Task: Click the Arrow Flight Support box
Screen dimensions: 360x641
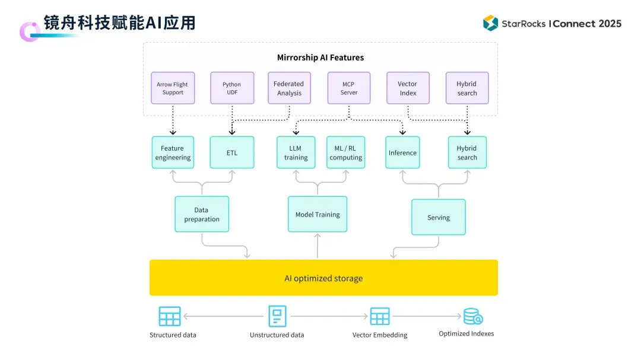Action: coord(173,88)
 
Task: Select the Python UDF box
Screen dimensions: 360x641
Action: coord(232,88)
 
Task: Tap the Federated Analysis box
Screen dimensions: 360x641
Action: coord(289,88)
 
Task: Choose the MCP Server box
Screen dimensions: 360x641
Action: coord(349,88)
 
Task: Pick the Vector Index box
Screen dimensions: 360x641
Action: coord(408,88)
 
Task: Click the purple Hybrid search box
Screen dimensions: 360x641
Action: coord(467,88)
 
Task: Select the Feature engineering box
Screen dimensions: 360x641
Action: coord(173,152)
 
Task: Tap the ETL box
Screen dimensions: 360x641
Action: coord(232,152)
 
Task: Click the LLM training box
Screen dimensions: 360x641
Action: coord(296,152)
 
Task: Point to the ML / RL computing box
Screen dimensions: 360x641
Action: coord(346,152)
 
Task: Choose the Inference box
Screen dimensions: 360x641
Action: coord(402,152)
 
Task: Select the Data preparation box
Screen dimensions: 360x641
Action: coord(202,214)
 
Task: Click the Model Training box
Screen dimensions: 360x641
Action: coord(318,214)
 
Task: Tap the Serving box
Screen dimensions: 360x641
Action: coord(439,217)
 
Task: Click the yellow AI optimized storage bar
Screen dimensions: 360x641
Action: coord(323,278)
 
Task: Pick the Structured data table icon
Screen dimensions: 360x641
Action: coord(170,316)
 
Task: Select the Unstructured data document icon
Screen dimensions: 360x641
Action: coord(277,316)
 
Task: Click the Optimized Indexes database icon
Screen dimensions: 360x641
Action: coord(472,316)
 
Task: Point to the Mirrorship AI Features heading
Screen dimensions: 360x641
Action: coord(320,58)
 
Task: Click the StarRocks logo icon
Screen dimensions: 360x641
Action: coord(490,23)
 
